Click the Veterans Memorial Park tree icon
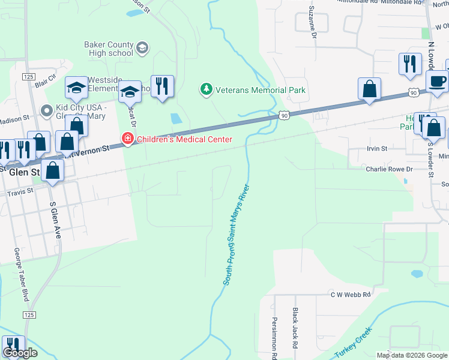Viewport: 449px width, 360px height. [x=206, y=90]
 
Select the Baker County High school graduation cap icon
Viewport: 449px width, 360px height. [x=142, y=48]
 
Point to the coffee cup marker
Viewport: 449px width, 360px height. [x=437, y=82]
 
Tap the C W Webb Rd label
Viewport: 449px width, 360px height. [x=351, y=295]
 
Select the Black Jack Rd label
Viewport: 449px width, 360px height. [x=295, y=329]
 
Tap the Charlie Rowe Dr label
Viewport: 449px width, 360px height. [x=390, y=169]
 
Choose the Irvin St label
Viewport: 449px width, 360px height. [x=378, y=148]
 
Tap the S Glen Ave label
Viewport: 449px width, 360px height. [x=56, y=220]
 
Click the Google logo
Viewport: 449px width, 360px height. [x=20, y=353]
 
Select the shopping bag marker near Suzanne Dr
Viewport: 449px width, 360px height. [x=369, y=89]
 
